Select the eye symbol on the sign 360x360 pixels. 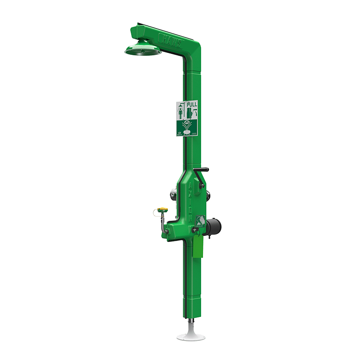click(x=186, y=123)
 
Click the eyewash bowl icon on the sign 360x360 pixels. click(x=186, y=132)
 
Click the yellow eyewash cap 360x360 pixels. click(x=163, y=209)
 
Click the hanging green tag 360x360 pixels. click(x=198, y=246)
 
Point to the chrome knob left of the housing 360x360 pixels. click(x=173, y=195)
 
